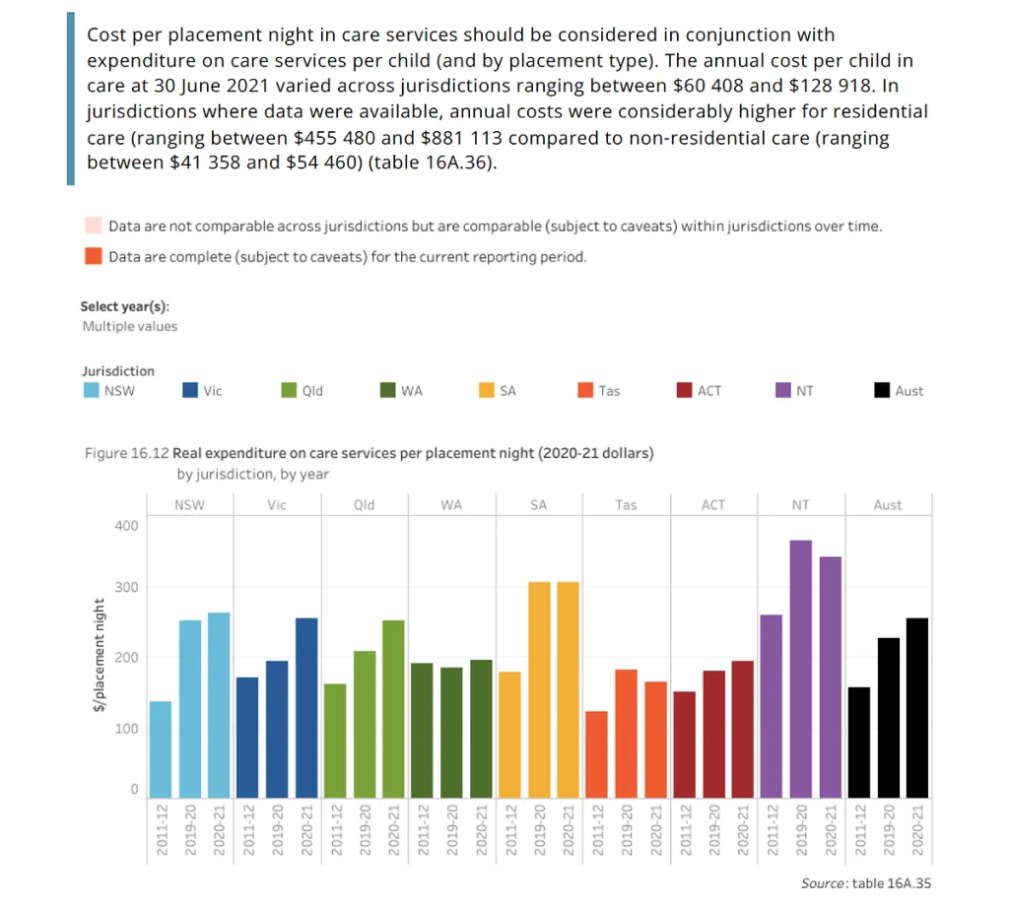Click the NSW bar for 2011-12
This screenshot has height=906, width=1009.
pyautogui.click(x=161, y=749)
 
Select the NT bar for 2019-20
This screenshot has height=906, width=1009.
pyautogui.click(x=800, y=669)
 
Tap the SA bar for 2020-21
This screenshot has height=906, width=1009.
pyautogui.click(x=568, y=689)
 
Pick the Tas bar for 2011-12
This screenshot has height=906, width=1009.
pyautogui.click(x=597, y=754)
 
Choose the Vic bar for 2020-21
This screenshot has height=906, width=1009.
pyautogui.click(x=306, y=707)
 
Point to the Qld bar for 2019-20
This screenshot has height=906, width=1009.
pyautogui.click(x=365, y=724)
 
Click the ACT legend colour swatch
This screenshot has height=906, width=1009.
pyautogui.click(x=686, y=391)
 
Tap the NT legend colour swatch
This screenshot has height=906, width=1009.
pyautogui.click(x=784, y=391)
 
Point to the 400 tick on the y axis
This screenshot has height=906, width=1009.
pyautogui.click(x=127, y=526)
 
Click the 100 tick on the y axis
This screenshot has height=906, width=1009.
pyautogui.click(x=127, y=728)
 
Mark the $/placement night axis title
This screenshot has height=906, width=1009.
pyautogui.click(x=101, y=657)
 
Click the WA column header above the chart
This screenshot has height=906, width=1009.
pyautogui.click(x=451, y=505)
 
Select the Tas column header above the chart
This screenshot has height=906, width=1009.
pyautogui.click(x=626, y=505)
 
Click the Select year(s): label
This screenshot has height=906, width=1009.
pyautogui.click(x=125, y=306)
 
